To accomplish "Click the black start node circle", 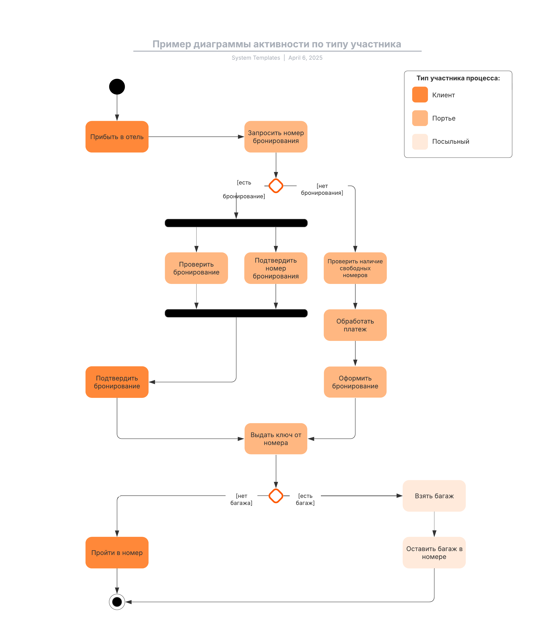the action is (117, 87).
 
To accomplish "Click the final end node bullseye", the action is (117, 602).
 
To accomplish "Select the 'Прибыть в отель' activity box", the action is (117, 137).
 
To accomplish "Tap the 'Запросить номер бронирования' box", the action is (276, 137).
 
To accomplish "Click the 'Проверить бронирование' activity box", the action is (196, 268).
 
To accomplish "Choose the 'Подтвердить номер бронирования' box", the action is (276, 268).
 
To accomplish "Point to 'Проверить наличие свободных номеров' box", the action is (355, 268).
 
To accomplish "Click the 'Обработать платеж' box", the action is (355, 325).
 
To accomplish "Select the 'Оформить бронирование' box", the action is (355, 382).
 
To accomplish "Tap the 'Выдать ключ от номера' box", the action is (276, 439).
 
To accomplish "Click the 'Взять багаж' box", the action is (434, 496).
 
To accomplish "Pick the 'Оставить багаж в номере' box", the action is (434, 552).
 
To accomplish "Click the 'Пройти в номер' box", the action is (117, 552).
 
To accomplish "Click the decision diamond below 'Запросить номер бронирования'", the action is (276, 186).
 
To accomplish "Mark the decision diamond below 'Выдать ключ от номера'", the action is (276, 496).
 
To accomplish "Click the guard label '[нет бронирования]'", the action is (322, 189).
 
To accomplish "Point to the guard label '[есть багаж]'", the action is (305, 499).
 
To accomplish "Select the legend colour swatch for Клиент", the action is (420, 94).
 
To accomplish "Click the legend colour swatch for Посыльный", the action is (420, 142).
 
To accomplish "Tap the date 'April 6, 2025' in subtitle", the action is (305, 58).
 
